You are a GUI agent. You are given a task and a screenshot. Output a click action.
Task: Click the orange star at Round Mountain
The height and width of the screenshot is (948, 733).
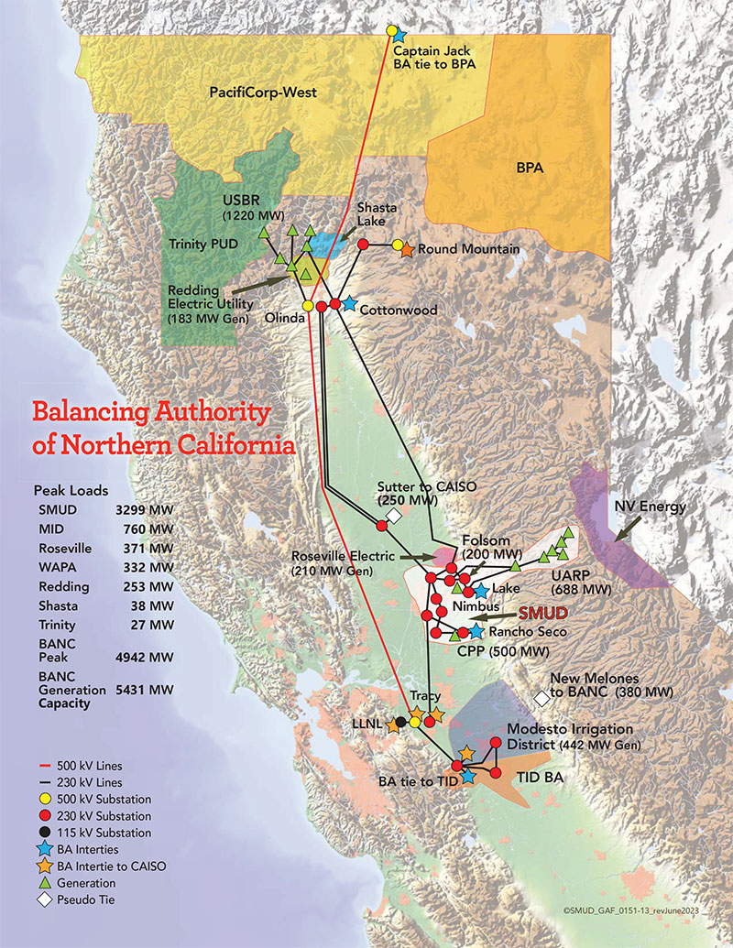pos(407,249)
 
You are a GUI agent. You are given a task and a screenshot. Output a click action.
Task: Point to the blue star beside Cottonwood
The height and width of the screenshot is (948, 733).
pos(349,304)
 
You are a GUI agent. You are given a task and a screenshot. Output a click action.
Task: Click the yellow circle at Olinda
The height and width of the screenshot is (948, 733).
pos(308,305)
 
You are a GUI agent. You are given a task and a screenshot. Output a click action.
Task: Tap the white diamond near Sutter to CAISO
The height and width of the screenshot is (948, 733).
pos(394,517)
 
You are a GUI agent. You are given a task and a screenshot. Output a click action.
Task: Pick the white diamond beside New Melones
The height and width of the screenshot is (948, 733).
pos(542,698)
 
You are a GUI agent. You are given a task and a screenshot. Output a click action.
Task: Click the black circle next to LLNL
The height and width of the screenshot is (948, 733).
pos(401,722)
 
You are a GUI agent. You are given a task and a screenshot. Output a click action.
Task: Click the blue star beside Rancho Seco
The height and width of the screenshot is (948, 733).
pos(476,631)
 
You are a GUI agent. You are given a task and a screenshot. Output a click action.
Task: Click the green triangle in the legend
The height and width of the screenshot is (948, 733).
pos(44,882)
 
